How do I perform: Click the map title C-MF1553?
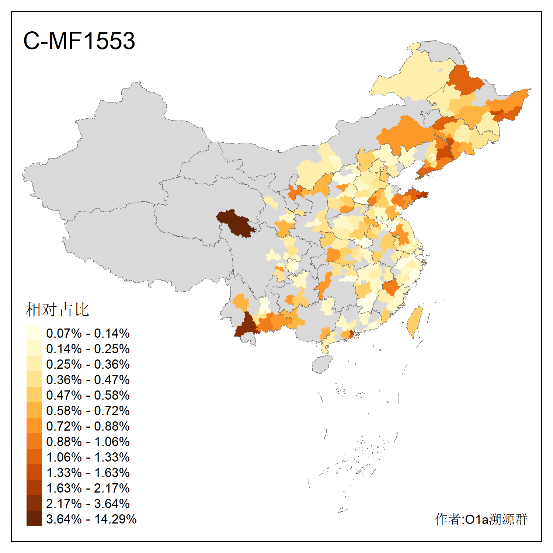tap(79, 41)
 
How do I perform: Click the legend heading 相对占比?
tap(58, 310)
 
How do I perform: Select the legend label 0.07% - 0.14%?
tap(88, 333)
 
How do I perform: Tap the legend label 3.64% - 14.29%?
tap(91, 519)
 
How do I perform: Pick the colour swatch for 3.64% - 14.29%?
tap(34, 519)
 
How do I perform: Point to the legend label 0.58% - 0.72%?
tap(88, 411)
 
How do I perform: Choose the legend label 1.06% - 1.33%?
tap(88, 457)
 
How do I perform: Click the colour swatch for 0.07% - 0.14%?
tap(34, 333)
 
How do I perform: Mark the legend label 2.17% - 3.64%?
tap(88, 504)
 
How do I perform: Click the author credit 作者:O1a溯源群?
tap(481, 519)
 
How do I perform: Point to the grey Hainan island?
tap(322, 364)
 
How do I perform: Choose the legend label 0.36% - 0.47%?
tap(88, 380)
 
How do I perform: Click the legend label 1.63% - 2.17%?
tap(88, 488)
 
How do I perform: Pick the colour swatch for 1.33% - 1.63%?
tap(34, 472)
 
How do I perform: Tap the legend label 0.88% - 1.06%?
tap(88, 442)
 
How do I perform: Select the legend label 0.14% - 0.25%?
tap(88, 349)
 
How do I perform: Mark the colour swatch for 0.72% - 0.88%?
tap(34, 426)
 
